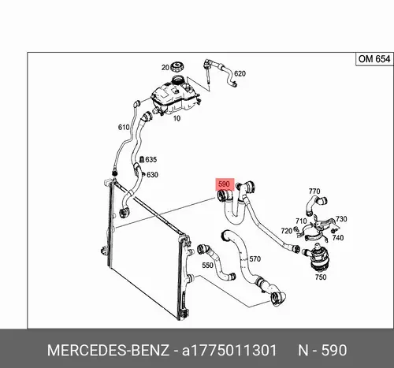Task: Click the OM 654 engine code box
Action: [x=374, y=59]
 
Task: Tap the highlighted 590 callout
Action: [x=225, y=184]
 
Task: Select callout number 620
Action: [x=240, y=73]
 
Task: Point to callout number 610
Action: [x=124, y=128]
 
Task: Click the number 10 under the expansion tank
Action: [x=177, y=118]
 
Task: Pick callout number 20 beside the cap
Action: [x=165, y=68]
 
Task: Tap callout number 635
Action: [x=151, y=159]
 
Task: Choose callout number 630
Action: [x=152, y=175]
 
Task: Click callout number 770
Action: [x=314, y=191]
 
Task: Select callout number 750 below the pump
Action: [x=321, y=277]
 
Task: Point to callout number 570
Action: [x=255, y=259]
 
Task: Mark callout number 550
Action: [x=207, y=266]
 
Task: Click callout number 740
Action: [x=338, y=238]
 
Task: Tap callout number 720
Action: [x=287, y=231]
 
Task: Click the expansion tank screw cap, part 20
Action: [x=177, y=67]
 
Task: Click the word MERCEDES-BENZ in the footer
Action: [x=108, y=351]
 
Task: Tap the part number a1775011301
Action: [x=229, y=351]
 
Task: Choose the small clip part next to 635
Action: [x=141, y=159]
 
